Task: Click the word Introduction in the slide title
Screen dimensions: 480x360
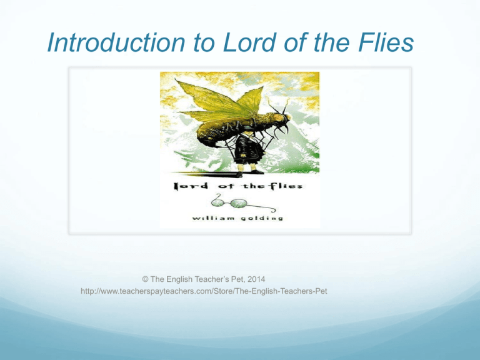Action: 116,42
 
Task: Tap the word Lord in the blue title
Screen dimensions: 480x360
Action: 249,42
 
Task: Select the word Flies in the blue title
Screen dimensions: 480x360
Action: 386,42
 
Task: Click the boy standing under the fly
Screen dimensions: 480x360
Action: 247,153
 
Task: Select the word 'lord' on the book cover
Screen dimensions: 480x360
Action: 191,186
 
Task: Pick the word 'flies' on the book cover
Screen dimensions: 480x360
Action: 287,186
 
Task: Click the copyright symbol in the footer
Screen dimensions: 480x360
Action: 145,279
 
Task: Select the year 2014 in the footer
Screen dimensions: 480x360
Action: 256,279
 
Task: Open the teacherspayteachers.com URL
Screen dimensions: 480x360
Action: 204,291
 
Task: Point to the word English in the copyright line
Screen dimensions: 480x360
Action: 179,279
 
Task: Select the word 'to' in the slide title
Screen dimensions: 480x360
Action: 204,43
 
